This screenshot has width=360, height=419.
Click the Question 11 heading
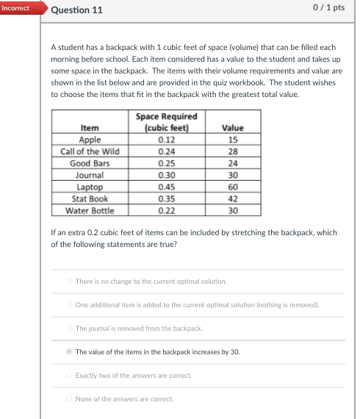point(77,10)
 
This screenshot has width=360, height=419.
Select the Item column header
point(90,128)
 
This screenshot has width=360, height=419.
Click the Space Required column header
point(167,122)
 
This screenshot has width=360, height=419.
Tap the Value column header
point(233,128)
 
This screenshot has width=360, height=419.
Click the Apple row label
point(90,140)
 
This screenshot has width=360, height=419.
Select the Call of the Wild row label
point(90,151)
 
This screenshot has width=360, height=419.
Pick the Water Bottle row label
point(90,210)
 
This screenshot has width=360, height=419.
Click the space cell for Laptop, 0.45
point(167,187)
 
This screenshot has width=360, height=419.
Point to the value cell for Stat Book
point(233,198)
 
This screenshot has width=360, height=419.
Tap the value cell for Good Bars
point(233,163)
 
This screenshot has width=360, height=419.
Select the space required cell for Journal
point(167,175)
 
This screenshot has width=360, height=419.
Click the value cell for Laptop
point(233,187)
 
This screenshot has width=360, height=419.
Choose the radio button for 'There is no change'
point(69,281)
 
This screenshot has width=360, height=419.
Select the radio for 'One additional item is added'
point(69,304)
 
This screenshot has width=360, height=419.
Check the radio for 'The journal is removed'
point(69,328)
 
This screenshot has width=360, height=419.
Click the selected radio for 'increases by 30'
point(69,351)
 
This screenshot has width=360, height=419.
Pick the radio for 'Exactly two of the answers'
point(69,375)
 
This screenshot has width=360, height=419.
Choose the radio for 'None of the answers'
point(69,398)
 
